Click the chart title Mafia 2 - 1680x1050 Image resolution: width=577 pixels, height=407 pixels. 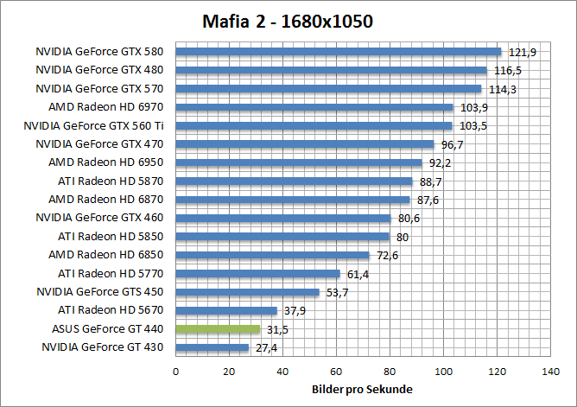pos(288,21)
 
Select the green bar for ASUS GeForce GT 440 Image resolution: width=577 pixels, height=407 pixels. pos(218,329)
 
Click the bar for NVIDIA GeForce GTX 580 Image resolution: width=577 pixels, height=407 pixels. pos(339,51)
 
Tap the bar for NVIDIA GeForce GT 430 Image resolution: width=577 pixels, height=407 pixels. pos(212,347)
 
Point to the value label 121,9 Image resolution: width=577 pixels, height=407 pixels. pos(522,53)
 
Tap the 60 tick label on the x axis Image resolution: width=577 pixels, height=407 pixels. pos(336,372)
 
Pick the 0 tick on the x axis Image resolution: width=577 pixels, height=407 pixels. pos(176,372)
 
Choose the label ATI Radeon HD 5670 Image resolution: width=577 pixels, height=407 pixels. pos(110,310)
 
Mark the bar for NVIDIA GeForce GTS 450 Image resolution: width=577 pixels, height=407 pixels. pos(248,292)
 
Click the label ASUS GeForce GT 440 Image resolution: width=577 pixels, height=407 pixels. pos(107,329)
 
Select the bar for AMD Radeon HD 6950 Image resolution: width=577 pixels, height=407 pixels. pos(299,162)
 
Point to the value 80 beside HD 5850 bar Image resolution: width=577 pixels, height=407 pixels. pos(402,237)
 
